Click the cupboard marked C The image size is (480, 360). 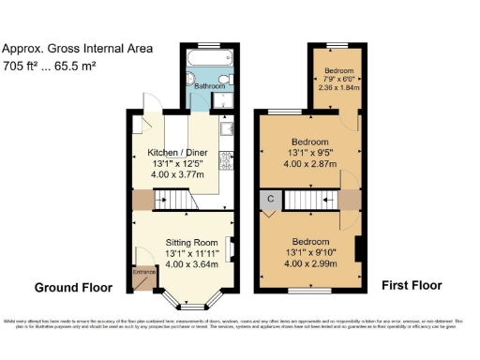(x=270, y=199)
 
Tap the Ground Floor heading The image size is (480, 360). (x=73, y=288)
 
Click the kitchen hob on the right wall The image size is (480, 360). (x=227, y=164)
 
